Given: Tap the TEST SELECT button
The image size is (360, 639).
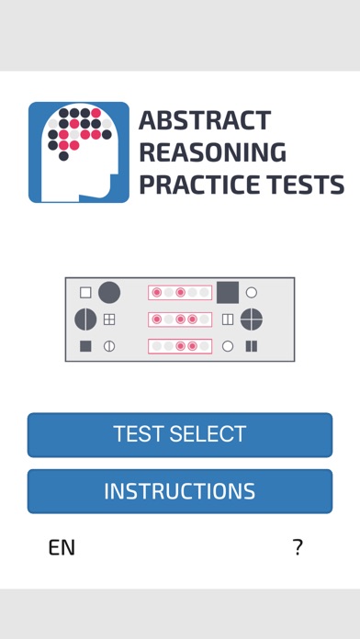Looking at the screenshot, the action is [x=180, y=435].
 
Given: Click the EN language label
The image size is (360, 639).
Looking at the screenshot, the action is [x=62, y=548].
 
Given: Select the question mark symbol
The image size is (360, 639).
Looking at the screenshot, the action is [x=298, y=547].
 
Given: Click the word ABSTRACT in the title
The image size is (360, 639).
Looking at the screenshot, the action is [x=205, y=119].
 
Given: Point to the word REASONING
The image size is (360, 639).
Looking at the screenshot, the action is [x=213, y=152].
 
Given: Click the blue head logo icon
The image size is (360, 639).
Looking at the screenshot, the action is [x=79, y=152].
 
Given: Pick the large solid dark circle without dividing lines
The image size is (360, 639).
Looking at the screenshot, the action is [x=109, y=293].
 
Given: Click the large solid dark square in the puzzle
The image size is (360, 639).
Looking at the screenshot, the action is [x=228, y=293].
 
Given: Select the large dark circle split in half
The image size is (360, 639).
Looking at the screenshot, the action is [x=85, y=319].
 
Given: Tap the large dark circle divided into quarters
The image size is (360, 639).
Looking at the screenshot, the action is [x=252, y=319].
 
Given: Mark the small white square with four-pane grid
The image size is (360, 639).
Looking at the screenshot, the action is [x=109, y=319].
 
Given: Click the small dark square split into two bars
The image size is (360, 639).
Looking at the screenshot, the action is [x=252, y=346].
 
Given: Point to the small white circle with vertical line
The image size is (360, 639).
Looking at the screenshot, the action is [x=109, y=346].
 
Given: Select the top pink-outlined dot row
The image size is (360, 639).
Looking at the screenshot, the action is [x=180, y=293].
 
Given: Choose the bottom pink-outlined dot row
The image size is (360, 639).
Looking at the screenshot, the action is [x=180, y=346].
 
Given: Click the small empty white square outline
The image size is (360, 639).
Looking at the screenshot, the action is [x=85, y=293].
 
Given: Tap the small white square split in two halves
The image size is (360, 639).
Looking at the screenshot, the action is [x=228, y=319].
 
